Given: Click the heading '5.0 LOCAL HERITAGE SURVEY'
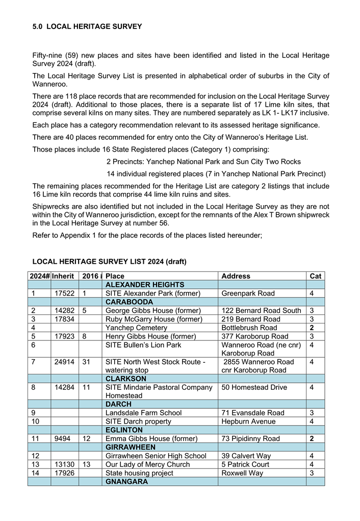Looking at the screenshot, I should pos(87,26).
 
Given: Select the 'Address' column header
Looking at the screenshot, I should pos(236,276).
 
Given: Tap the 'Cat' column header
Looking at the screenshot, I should pos(315,276).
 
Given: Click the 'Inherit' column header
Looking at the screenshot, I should pos(63,276).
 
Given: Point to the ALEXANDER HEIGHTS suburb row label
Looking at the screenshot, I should pos(145,285).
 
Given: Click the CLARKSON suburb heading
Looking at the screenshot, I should pos(125,379).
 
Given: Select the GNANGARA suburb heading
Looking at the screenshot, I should pos(126,481).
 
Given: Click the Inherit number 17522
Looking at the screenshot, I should pos(63,293).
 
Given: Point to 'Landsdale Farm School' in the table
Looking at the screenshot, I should pos(143,413).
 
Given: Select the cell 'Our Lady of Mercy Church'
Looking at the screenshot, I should pos(147,464).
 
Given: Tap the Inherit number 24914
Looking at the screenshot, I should pos(63,362).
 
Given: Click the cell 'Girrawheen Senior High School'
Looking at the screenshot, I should pos(156,456).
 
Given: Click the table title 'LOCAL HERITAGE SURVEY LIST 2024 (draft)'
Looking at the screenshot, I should pos(109,262).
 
